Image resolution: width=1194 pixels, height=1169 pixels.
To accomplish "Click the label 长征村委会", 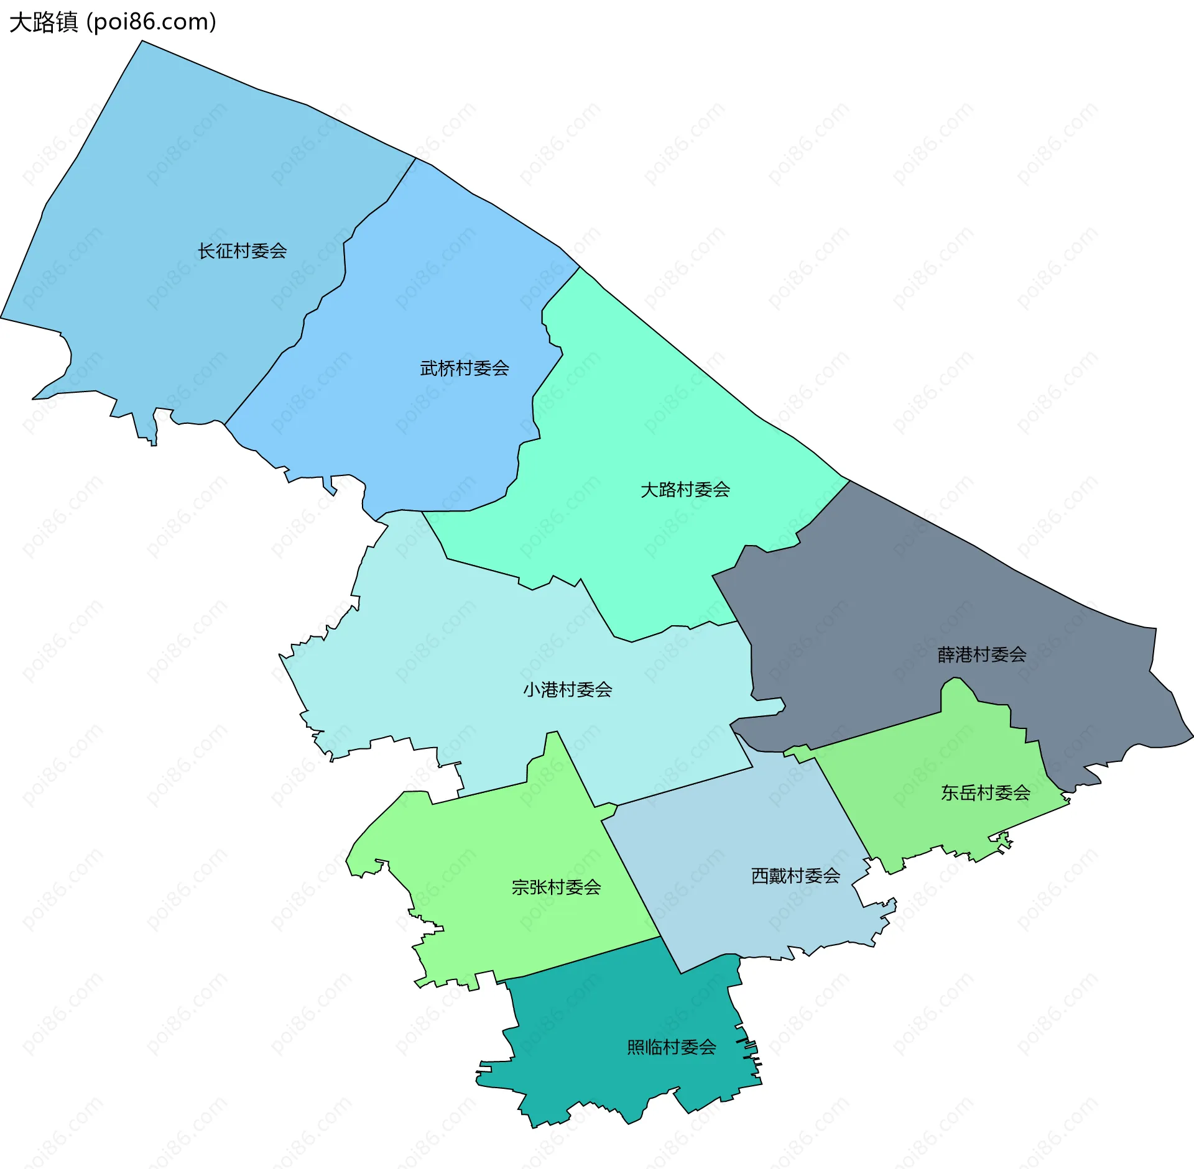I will [x=242, y=251].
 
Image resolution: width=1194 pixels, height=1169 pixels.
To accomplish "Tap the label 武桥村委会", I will [x=465, y=369].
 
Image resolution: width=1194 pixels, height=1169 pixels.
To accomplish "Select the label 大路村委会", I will [x=685, y=490].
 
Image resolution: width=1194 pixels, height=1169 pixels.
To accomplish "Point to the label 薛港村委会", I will [x=982, y=654].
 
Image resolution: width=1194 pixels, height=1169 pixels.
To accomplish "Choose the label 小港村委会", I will [x=567, y=690].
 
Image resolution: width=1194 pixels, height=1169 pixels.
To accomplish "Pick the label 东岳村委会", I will [x=986, y=793].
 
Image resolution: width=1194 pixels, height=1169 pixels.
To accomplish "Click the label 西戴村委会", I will [x=795, y=876].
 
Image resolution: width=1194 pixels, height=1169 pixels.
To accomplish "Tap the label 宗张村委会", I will [x=556, y=887].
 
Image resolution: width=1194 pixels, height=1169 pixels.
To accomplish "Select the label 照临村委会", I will [x=672, y=1048].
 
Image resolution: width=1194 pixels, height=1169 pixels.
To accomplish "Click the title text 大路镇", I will [x=44, y=22].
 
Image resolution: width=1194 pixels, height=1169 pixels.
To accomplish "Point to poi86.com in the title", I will [x=152, y=22].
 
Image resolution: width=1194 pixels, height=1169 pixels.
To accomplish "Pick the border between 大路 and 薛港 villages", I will [x=808, y=525].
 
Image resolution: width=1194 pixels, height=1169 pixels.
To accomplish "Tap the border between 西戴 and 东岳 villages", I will [x=843, y=808].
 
